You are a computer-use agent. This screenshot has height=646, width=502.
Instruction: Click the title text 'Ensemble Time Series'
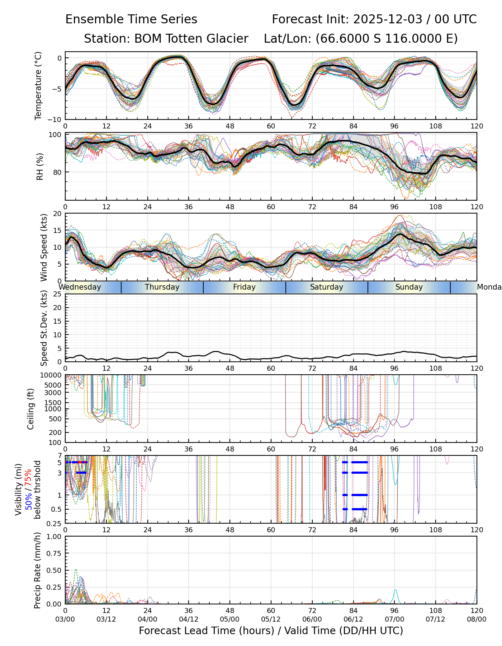131,19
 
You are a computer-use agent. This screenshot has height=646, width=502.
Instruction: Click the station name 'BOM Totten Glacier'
191,39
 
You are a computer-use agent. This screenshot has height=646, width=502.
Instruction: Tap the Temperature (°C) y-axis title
38,85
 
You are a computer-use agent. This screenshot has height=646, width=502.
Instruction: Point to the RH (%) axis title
40,167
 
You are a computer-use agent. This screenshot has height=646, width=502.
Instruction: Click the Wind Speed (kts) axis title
44,247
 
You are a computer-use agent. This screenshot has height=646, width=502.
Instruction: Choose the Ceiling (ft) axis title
31,409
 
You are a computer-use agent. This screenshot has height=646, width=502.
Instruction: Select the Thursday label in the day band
162,287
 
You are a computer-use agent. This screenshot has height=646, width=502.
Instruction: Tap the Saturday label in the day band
327,287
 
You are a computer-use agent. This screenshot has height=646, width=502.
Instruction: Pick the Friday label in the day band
244,287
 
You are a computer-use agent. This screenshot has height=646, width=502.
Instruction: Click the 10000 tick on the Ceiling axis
53,375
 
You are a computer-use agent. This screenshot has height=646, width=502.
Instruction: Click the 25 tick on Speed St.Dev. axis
57,294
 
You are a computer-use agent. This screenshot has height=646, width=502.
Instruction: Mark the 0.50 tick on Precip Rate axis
55,570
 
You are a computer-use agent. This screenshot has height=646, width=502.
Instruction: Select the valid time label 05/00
230,619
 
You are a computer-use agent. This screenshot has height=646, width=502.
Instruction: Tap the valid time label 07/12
436,619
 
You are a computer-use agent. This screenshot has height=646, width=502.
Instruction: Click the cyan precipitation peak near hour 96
395,590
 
